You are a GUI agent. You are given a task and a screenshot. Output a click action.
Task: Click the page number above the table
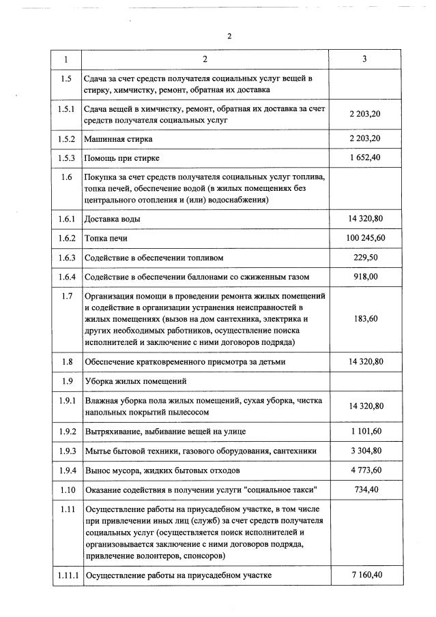click(229, 36)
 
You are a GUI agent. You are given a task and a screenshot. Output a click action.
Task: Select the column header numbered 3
click(365, 59)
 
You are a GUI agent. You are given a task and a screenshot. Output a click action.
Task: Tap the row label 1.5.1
click(66, 109)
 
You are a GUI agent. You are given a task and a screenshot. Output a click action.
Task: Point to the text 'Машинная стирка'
click(118, 139)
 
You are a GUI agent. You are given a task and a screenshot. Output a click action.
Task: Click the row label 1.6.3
click(66, 258)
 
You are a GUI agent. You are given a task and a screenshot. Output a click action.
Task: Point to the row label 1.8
click(66, 361)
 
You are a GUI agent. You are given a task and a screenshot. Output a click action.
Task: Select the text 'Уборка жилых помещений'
click(135, 380)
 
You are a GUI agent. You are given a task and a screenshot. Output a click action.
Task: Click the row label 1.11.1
click(66, 575)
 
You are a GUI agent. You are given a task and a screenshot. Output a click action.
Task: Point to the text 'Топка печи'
click(106, 239)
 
